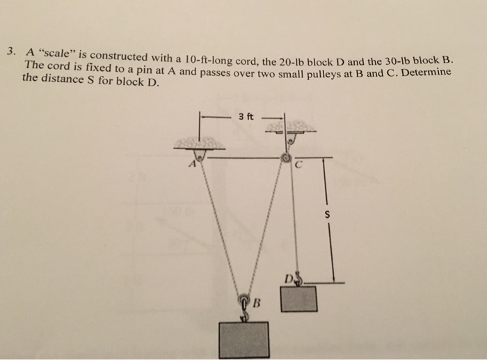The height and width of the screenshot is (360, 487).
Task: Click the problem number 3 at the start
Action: (10, 52)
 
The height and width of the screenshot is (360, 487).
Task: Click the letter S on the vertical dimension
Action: (325, 215)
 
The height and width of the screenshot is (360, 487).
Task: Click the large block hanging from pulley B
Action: (243, 339)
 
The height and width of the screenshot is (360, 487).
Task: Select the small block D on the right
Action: (298, 298)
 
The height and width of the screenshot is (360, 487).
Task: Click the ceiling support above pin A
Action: (199, 143)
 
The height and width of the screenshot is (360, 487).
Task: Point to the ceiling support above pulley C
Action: (287, 127)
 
